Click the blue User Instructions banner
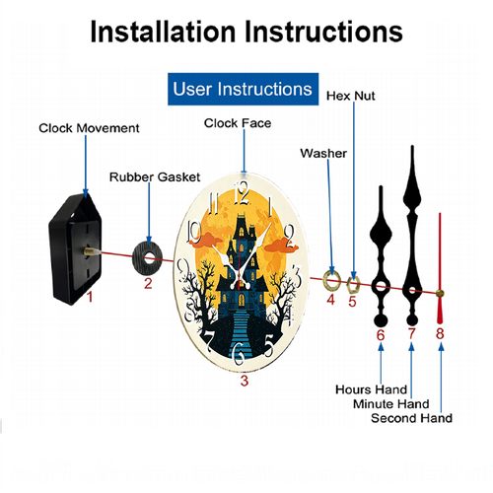[x=243, y=89]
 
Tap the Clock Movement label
[x=89, y=128]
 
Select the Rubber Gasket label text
[x=155, y=177]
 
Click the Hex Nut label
[x=351, y=96]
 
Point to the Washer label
[x=323, y=153]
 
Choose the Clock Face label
[x=238, y=123]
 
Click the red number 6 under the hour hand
[x=381, y=335]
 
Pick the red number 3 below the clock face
[x=244, y=381]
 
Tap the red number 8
[x=440, y=333]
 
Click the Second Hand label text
[x=411, y=418]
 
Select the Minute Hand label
[x=391, y=404]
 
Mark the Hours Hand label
[x=372, y=389]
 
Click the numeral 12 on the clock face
[x=242, y=193]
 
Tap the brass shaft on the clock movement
[x=90, y=251]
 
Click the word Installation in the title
[x=163, y=32]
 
